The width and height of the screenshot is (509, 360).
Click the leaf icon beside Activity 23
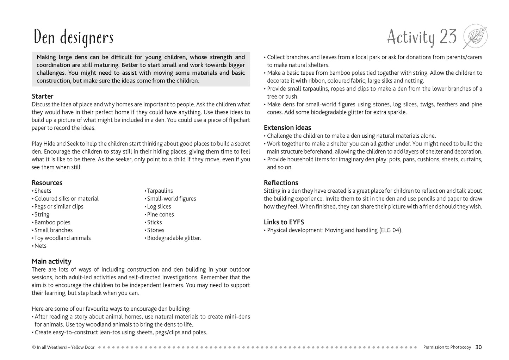(x=475, y=37)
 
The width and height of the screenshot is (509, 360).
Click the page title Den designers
(x=73, y=38)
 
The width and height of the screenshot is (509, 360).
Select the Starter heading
(x=43, y=96)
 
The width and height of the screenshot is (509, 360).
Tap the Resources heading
(x=47, y=182)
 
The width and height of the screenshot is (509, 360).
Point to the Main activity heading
(x=51, y=261)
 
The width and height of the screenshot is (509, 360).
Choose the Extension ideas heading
(x=287, y=128)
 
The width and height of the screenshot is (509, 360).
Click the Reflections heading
(x=281, y=182)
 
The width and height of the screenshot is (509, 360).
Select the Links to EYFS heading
(x=284, y=222)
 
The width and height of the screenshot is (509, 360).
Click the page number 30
(x=478, y=347)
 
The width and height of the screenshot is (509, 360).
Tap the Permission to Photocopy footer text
(x=447, y=347)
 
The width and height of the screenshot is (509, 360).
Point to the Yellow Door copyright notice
(x=63, y=347)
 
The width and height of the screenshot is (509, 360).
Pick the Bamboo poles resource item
(x=52, y=222)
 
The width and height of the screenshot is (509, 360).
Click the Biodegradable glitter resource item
(x=174, y=238)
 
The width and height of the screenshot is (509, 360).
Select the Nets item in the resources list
(x=40, y=246)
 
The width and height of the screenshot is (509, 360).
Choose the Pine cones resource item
(x=160, y=214)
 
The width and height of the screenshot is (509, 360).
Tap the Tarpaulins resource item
(x=160, y=191)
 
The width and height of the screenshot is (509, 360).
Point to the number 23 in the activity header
(x=448, y=37)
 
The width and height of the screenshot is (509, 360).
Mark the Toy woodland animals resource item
(x=62, y=238)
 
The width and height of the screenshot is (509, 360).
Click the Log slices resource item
(x=159, y=206)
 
